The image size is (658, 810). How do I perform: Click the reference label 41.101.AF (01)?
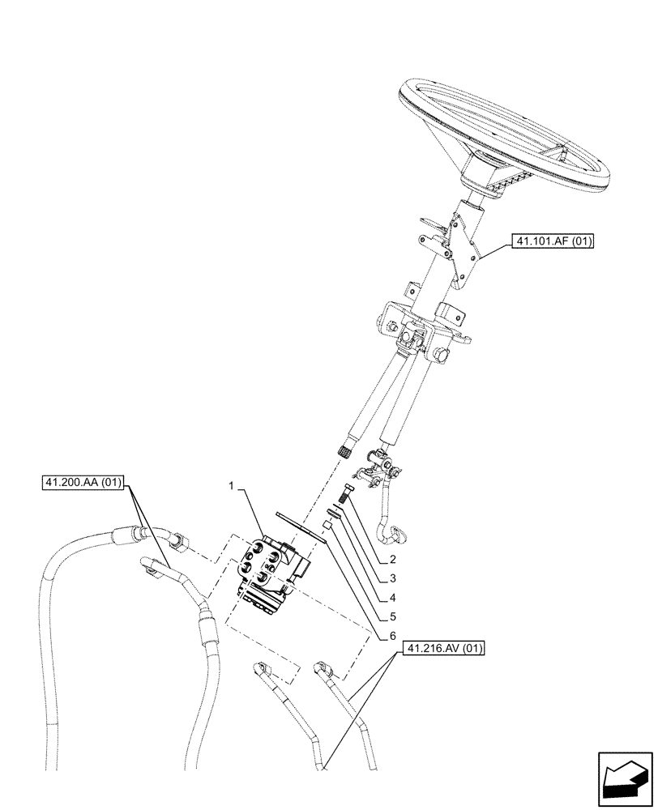pyautogui.click(x=552, y=241)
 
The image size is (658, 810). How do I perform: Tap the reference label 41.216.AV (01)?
pyautogui.click(x=441, y=649)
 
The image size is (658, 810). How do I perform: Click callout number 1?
pyautogui.click(x=232, y=488)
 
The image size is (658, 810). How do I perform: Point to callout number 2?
pyautogui.click(x=392, y=559)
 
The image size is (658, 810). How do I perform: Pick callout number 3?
pyautogui.click(x=392, y=578)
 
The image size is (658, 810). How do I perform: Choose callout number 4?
pyautogui.click(x=392, y=598)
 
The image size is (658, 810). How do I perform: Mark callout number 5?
pyautogui.click(x=392, y=618)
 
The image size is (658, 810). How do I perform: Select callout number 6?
pyautogui.click(x=392, y=637)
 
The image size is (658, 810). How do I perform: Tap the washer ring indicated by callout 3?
pyautogui.click(x=332, y=512)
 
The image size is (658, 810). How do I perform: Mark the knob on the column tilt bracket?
pyautogui.click(x=442, y=355)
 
